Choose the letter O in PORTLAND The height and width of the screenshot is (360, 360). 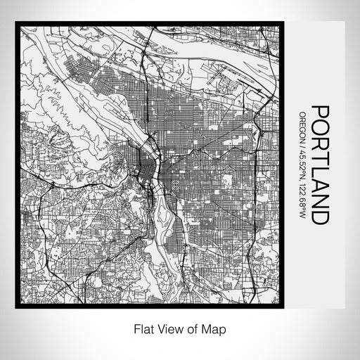[x=320, y=128]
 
